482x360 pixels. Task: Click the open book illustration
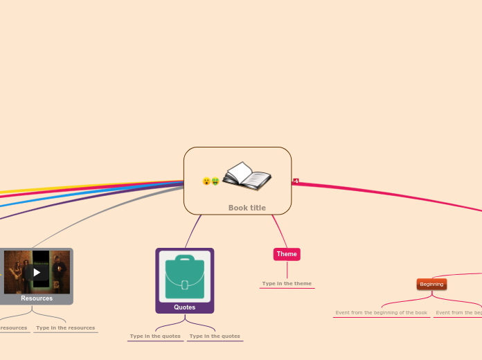247,177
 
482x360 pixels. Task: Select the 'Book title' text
247,208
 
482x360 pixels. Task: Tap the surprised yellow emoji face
206,181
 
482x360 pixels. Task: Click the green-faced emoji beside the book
215,181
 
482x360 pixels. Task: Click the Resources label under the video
37,298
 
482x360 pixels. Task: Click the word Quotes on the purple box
185,307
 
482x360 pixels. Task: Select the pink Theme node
287,254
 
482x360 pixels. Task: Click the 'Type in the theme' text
287,284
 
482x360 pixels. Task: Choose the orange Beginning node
431,284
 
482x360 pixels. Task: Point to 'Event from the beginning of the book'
382,313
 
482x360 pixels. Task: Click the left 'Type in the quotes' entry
155,336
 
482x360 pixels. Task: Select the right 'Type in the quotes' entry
215,336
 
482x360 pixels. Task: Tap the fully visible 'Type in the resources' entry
65,328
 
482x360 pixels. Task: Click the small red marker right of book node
296,181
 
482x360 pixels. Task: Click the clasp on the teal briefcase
185,285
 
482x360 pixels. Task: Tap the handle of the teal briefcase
185,260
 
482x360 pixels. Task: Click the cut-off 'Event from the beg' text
458,313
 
